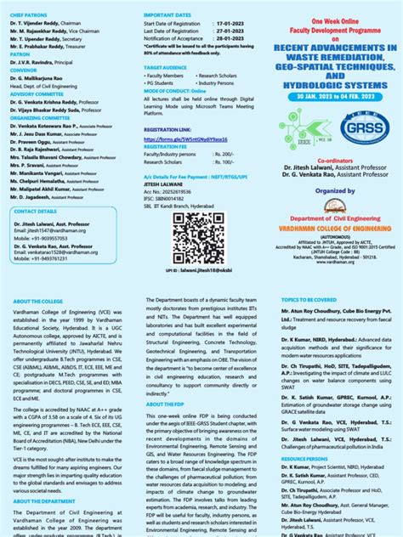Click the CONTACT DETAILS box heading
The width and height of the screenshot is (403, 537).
37,211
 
